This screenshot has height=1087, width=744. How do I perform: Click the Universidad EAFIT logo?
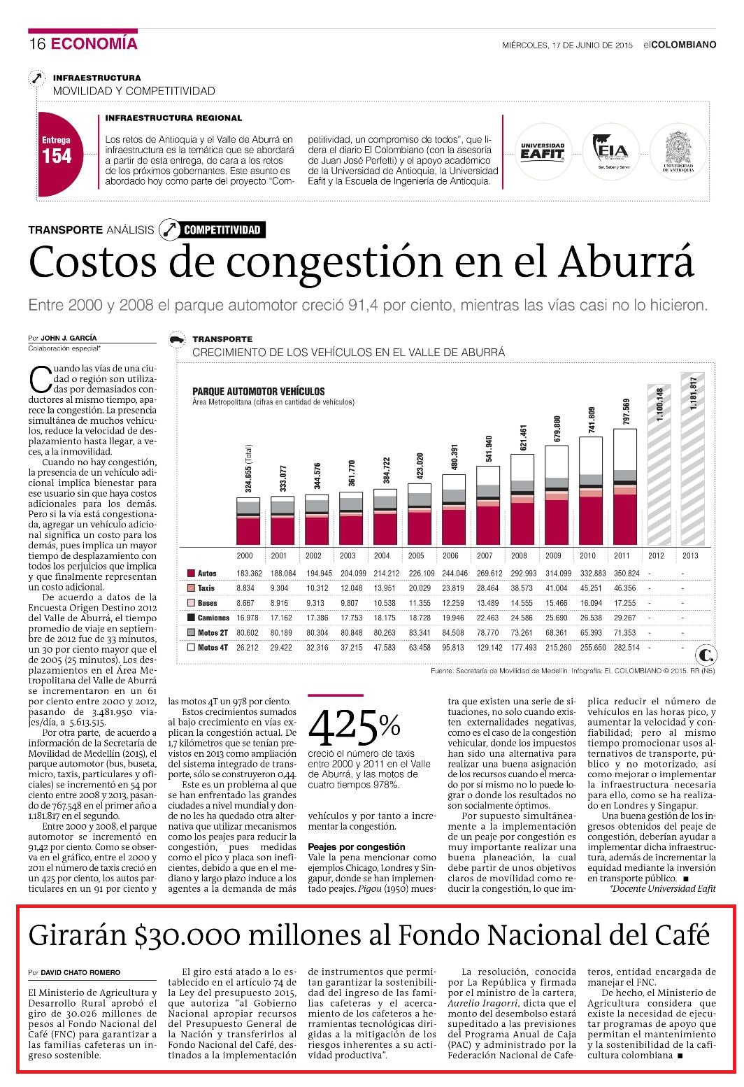click(543, 152)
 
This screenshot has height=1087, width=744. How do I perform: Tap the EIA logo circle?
click(610, 152)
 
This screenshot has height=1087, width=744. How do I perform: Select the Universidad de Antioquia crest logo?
click(678, 152)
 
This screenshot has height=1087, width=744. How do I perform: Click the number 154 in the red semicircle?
click(57, 156)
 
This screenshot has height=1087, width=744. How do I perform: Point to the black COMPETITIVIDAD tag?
click(222, 230)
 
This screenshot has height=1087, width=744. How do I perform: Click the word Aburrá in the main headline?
click(627, 262)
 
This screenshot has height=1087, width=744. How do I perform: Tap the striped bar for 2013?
click(692, 459)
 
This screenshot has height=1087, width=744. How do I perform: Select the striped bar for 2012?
click(659, 464)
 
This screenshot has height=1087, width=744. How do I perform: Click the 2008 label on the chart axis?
click(518, 555)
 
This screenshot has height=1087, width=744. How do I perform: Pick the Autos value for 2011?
click(627, 573)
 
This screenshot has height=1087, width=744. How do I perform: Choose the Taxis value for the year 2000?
click(245, 588)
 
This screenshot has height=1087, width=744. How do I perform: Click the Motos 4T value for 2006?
click(452, 647)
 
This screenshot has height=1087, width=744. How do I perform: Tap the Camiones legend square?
click(191, 618)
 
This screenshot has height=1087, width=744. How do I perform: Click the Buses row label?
click(207, 603)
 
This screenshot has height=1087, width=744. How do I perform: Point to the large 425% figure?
click(354, 727)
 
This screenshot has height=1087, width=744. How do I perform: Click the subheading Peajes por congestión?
click(357, 846)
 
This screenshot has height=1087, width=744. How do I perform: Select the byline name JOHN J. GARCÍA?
click(69, 338)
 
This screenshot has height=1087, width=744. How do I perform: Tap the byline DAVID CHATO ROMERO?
click(80, 972)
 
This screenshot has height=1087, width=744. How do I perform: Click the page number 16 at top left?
click(37, 44)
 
